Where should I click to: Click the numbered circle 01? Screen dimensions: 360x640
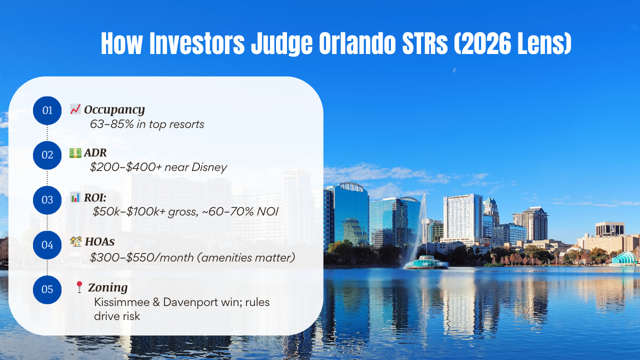pos(47,110)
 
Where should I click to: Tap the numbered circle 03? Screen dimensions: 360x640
pos(47,200)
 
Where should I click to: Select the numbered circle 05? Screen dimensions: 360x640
pos(47,289)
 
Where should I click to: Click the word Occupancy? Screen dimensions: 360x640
pos(114,109)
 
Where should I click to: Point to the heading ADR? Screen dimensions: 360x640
pos(95,152)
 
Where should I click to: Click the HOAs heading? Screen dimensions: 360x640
pos(99,242)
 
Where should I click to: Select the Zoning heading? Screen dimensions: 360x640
pos(107,287)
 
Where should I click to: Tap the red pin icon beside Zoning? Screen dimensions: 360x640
pos(78,287)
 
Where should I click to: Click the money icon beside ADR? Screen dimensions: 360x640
pos(75,152)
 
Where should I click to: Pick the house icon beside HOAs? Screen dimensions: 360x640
pos(75,242)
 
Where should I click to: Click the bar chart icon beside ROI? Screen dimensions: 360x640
pos(75,197)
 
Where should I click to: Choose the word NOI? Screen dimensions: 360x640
pos(266,211)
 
